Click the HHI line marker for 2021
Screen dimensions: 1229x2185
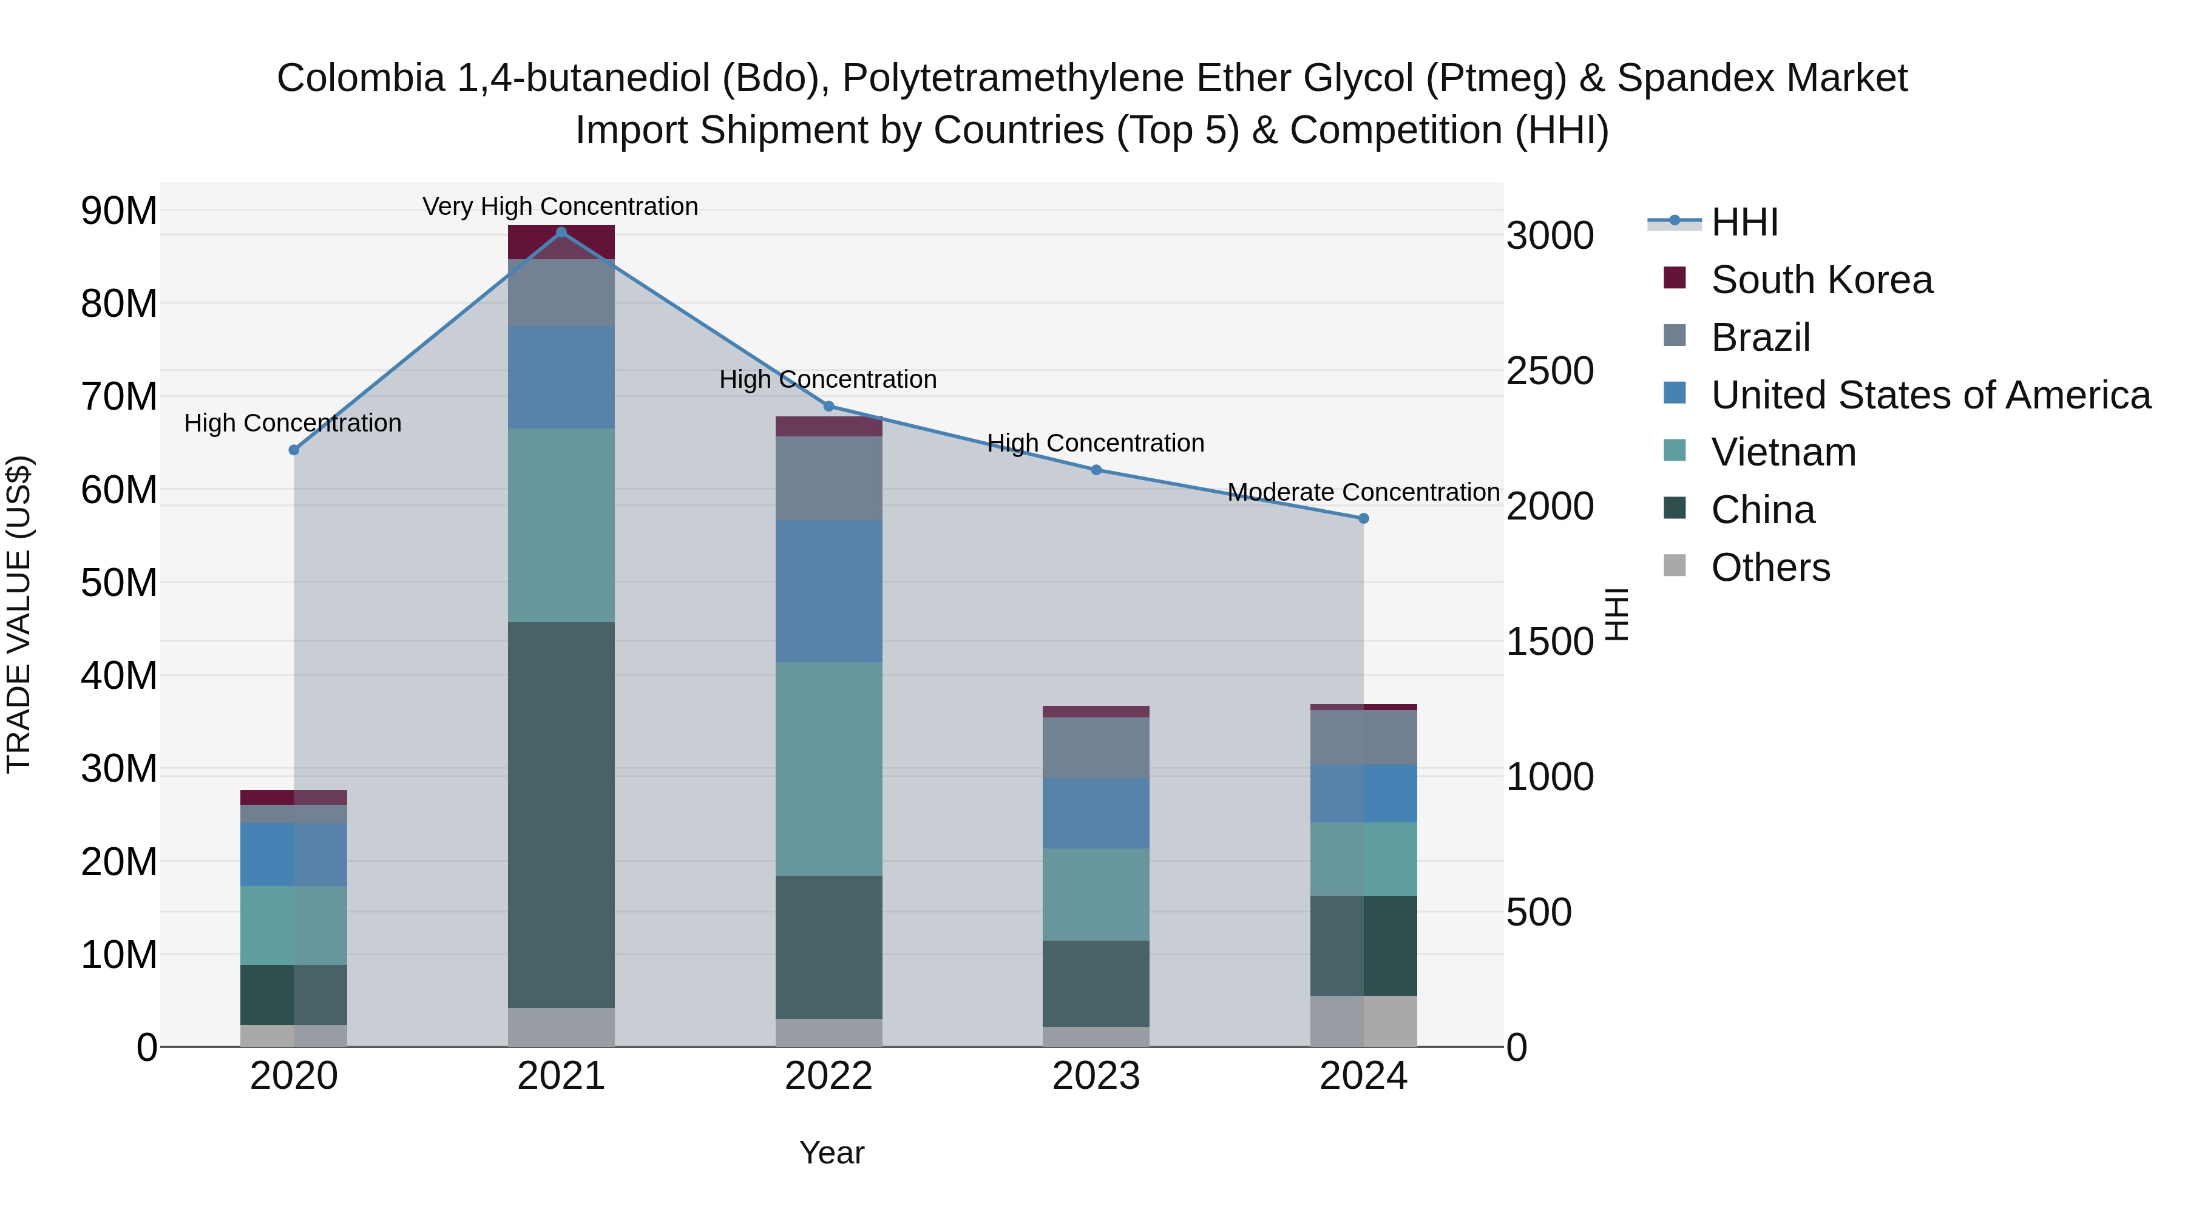561,232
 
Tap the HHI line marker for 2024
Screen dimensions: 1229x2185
1363,518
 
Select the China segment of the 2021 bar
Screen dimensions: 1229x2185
561,814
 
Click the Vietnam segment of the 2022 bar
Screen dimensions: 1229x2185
828,768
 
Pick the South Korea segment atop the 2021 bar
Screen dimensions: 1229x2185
561,242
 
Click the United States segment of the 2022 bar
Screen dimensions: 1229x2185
828,591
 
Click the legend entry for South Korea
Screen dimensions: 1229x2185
1821,280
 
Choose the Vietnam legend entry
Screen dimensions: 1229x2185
1783,452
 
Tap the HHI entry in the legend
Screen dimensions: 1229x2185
1744,222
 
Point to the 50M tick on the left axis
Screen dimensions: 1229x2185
119,583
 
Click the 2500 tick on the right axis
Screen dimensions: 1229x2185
1549,371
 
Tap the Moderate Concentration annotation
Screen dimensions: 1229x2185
1363,492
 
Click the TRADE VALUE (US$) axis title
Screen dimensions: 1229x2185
19,614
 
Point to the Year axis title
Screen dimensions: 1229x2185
832,1153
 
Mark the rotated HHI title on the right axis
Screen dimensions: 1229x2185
1618,614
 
